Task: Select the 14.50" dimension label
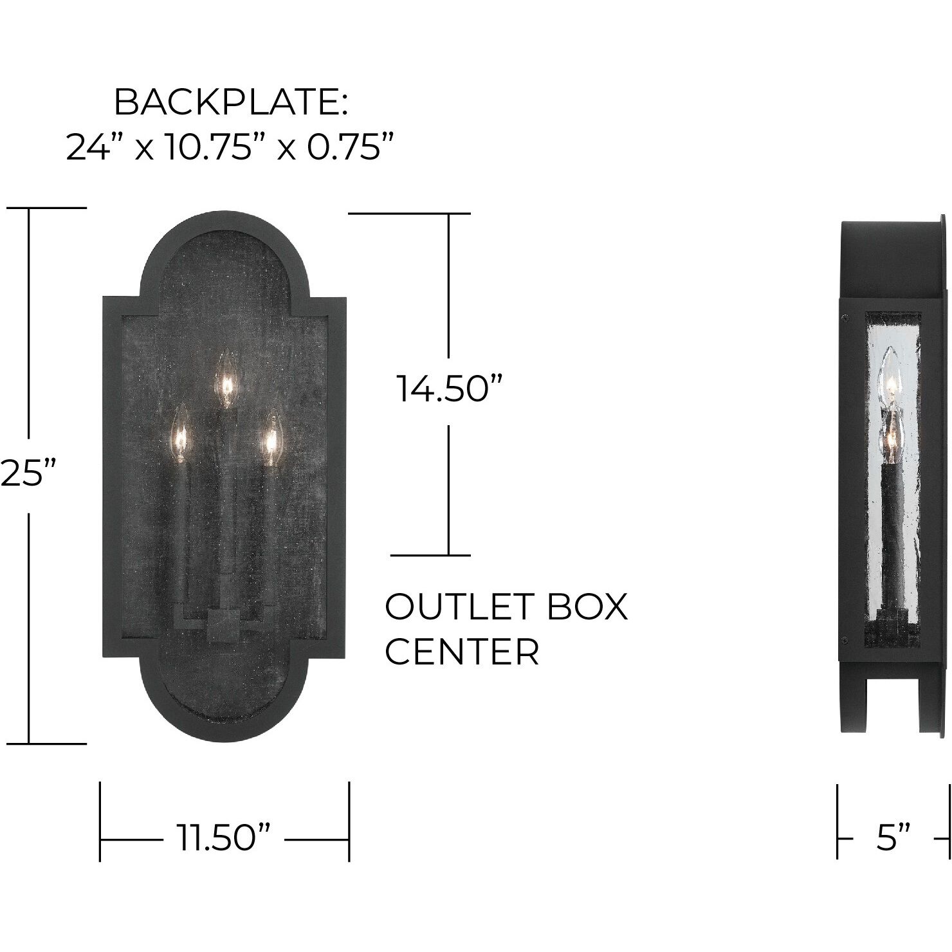pyautogui.click(x=448, y=389)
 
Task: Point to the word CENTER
pyautogui.click(x=461, y=652)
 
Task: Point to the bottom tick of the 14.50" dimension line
pyautogui.click(x=431, y=554)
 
